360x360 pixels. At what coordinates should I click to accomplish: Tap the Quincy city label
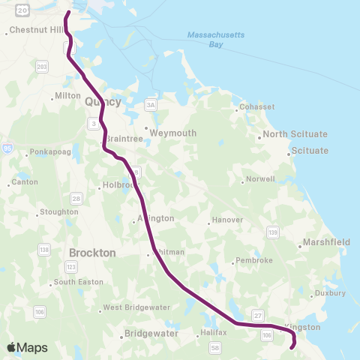pyautogui.click(x=103, y=101)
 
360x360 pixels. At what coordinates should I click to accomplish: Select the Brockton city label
pyautogui.click(x=92, y=253)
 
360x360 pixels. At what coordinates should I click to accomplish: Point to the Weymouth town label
pyautogui.click(x=172, y=133)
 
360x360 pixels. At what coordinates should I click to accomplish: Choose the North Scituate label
pyautogui.click(x=295, y=134)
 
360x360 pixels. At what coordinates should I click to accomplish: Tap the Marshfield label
pyautogui.click(x=325, y=242)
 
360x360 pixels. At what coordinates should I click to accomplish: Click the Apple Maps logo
pyautogui.click(x=27, y=347)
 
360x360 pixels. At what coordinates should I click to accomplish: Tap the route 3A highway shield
pyautogui.click(x=151, y=104)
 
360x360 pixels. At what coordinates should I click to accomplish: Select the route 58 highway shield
pyautogui.click(x=215, y=348)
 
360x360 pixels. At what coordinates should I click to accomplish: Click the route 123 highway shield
pyautogui.click(x=71, y=266)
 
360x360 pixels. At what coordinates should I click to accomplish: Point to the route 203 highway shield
pyautogui.click(x=42, y=67)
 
